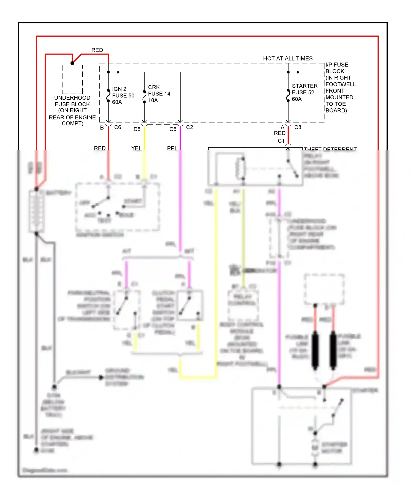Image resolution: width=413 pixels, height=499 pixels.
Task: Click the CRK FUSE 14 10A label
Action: point(159,94)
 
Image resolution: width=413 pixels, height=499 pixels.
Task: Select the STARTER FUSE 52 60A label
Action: point(304,92)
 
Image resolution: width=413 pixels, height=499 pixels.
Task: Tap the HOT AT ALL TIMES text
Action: point(288,58)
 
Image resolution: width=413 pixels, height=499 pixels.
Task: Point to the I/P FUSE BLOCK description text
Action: point(341,87)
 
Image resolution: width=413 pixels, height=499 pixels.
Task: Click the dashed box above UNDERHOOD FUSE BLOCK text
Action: point(72,79)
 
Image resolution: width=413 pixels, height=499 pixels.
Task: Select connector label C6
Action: point(118,127)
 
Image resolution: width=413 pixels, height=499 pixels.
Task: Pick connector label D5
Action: point(137,129)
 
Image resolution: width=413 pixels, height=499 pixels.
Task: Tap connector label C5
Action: point(173,129)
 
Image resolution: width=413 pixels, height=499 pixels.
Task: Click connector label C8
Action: point(298,127)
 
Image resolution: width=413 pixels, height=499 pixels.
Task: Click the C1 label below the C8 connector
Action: point(281,141)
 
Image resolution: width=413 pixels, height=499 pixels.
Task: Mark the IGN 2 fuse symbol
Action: point(108,95)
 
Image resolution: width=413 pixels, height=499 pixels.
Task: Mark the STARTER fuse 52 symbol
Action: point(288,95)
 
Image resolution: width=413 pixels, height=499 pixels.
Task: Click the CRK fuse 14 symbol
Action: point(144,97)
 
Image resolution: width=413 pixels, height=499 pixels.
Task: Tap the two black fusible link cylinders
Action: point(324,350)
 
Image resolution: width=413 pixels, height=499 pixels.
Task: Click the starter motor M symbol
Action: point(315,448)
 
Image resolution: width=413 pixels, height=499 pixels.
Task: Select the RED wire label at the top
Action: point(97,50)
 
